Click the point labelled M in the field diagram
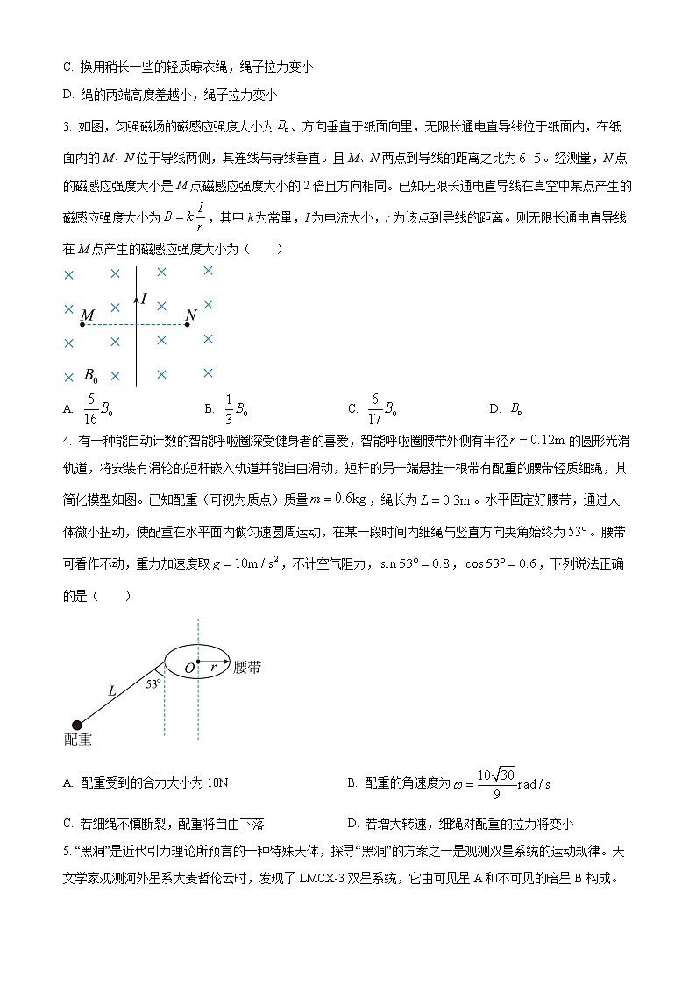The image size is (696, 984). (87, 315)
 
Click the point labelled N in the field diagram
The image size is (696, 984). (190, 315)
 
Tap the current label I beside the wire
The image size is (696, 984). (144, 299)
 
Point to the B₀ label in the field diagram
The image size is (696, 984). (90, 375)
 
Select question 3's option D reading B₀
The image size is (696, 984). (516, 408)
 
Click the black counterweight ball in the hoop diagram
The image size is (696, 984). (77, 724)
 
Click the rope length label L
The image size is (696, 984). (112, 690)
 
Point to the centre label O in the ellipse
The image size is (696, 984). (188, 669)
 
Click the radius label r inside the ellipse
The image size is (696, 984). (212, 668)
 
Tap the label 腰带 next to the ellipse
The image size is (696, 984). (247, 668)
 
